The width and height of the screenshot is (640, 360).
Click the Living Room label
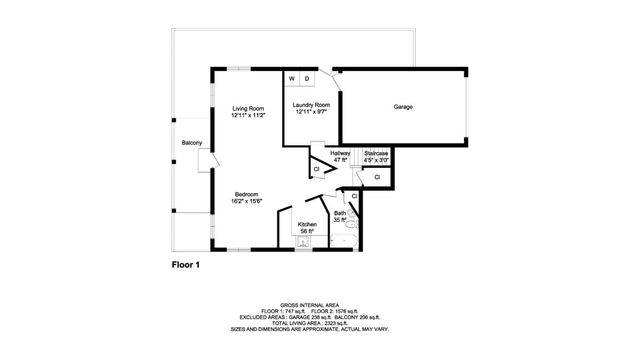click(248, 108)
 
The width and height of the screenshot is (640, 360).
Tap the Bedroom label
click(247, 194)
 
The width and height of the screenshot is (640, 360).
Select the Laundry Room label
click(311, 105)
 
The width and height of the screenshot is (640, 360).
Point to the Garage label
click(403, 107)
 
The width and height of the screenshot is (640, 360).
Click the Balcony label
click(192, 143)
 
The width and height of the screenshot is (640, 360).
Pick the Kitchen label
click(307, 224)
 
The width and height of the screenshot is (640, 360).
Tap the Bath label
click(340, 213)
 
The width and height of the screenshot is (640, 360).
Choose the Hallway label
click(340, 153)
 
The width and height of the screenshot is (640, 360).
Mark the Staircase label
click(376, 153)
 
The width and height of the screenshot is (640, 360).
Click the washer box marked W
click(292, 78)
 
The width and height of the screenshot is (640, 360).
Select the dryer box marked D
click(307, 78)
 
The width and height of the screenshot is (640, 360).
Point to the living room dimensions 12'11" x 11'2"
click(248, 116)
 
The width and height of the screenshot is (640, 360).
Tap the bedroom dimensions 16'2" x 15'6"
click(247, 202)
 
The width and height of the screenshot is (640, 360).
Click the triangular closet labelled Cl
click(316, 169)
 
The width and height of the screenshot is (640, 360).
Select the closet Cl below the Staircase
click(377, 177)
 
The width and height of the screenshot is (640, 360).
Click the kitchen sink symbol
click(304, 241)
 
